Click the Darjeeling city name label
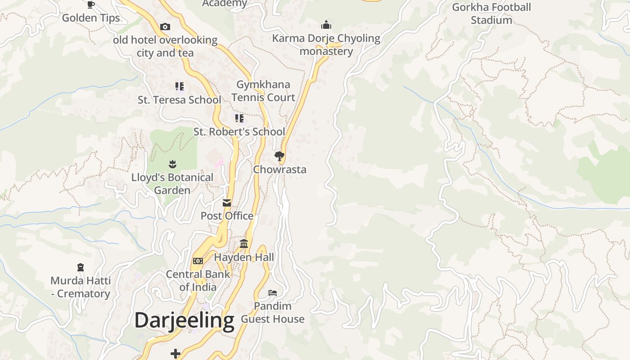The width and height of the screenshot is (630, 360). (x=184, y=320)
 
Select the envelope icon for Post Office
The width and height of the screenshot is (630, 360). (x=227, y=203)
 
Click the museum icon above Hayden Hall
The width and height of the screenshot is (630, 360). (x=244, y=244)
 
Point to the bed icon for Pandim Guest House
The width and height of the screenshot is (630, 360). (x=273, y=293)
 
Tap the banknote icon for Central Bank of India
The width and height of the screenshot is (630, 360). (x=198, y=261)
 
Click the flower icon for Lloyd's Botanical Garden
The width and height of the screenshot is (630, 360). (x=172, y=164)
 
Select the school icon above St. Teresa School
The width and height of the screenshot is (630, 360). (x=179, y=86)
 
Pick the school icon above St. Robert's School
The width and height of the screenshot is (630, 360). (x=239, y=118)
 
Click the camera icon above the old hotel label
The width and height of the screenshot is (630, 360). (x=165, y=27)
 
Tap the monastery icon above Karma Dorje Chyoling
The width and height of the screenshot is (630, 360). (x=326, y=25)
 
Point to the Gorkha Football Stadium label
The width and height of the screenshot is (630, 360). (x=491, y=13)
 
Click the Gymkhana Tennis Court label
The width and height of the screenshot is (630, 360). (x=263, y=91)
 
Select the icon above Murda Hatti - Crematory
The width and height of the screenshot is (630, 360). (x=81, y=267)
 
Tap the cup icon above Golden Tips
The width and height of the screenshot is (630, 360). (x=91, y=5)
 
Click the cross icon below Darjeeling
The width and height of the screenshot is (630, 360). (x=175, y=354)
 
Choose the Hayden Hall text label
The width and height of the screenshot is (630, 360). (x=244, y=257)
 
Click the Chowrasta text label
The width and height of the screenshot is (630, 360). (x=279, y=170)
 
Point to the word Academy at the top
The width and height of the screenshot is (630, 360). (x=225, y=4)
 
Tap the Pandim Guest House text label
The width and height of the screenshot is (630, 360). (x=273, y=312)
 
